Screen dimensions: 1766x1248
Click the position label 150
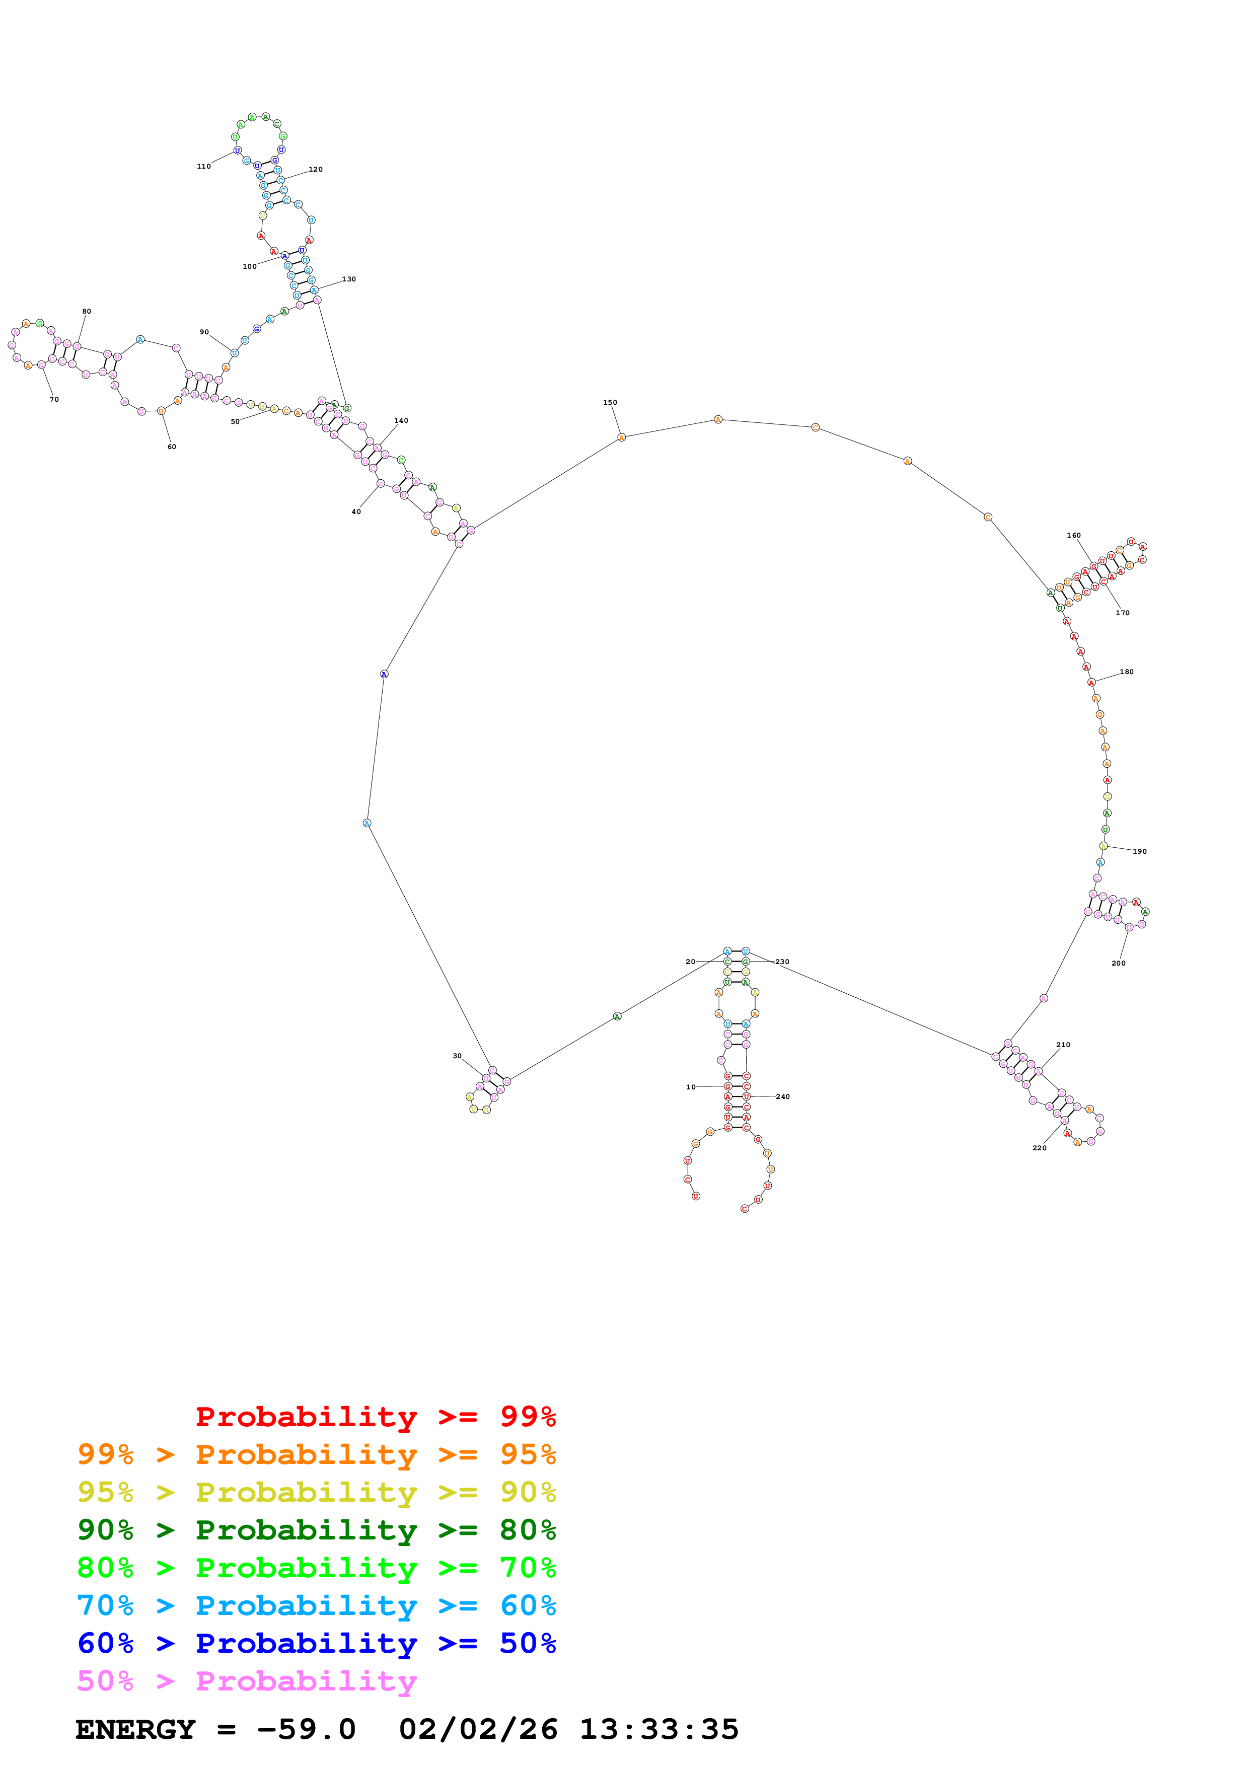610,402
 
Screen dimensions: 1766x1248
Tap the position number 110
204,166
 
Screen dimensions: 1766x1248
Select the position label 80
87,312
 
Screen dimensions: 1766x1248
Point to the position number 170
1123,613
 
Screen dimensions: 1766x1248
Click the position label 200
1118,963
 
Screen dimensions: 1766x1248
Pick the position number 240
783,1097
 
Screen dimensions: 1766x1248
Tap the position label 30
457,1056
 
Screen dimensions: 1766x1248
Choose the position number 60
172,447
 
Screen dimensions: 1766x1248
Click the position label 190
1140,851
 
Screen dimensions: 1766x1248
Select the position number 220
1039,1148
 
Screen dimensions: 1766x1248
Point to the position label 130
349,279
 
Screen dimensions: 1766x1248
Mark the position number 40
356,511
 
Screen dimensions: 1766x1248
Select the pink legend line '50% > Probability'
247,1681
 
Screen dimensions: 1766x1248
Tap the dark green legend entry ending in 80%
316,1530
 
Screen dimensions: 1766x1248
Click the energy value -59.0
306,1730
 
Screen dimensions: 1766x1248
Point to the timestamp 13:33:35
659,1730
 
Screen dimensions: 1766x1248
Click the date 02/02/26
478,1730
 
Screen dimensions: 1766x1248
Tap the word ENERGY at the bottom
135,1730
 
